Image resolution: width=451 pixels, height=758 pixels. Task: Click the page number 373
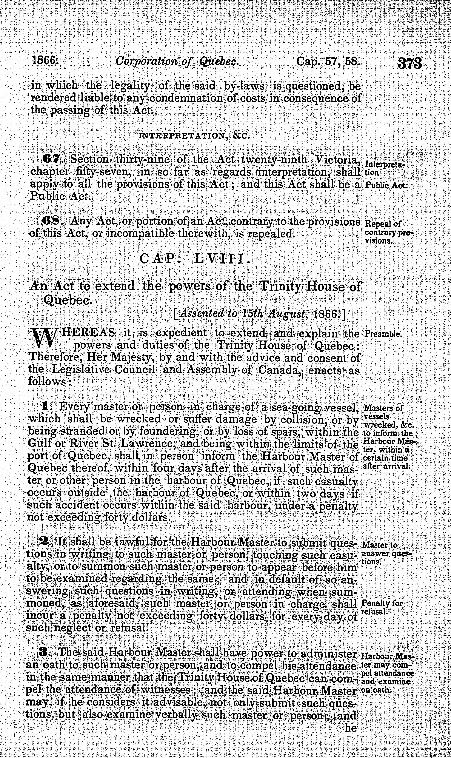(409, 64)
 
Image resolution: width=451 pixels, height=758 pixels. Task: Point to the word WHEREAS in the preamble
(88, 333)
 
